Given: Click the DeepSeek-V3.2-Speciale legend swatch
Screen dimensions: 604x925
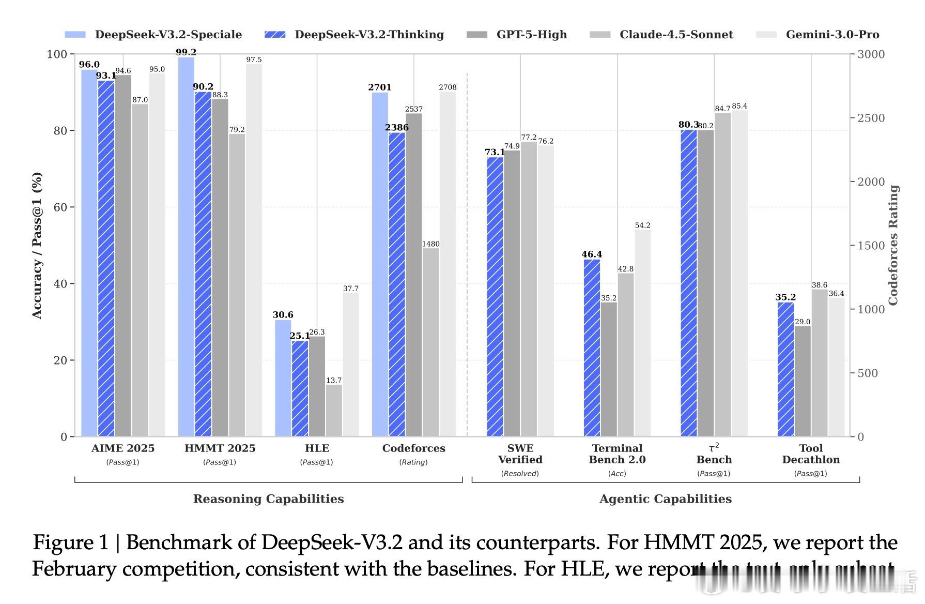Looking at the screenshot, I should coord(75,35).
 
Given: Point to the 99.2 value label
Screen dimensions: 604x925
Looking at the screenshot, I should coord(186,52).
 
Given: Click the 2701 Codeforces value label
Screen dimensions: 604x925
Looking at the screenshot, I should coord(380,87).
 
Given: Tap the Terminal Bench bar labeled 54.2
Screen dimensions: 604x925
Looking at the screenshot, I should coord(642,333).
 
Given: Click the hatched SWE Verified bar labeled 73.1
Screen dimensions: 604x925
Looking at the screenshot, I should coord(495,297).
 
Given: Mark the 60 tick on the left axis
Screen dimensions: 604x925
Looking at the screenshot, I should coord(60,207).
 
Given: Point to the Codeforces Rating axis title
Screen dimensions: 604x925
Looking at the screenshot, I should coord(893,245).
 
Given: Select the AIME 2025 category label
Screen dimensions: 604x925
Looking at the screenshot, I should coord(123,448).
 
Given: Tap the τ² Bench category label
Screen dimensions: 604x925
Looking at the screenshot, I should coord(714,454).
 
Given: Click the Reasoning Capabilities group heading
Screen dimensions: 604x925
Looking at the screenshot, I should coord(268,499).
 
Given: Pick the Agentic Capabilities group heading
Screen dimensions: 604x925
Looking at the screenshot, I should coord(666,499).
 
